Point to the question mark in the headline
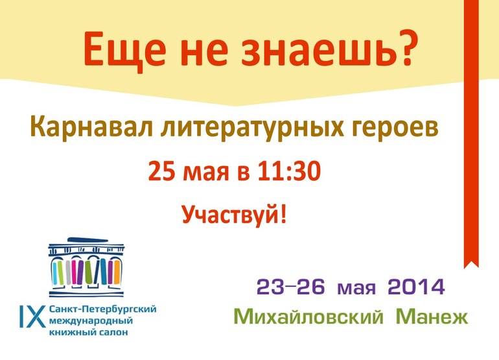pos(406,49)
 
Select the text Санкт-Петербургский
pos(102,310)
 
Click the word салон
pos(111,333)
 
